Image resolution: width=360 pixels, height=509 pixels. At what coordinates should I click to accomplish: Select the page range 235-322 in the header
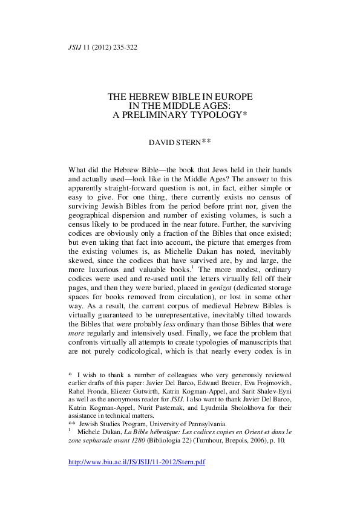(123, 47)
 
